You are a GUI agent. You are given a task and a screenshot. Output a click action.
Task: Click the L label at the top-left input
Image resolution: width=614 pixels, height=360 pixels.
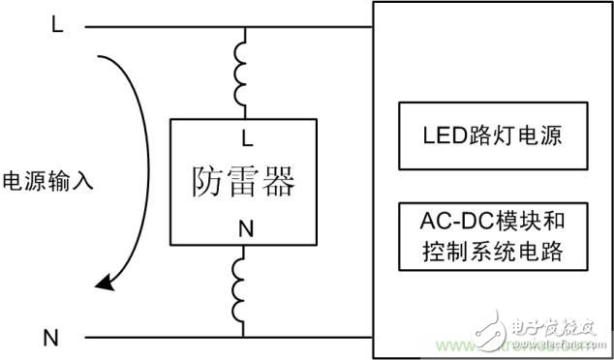click(x=56, y=25)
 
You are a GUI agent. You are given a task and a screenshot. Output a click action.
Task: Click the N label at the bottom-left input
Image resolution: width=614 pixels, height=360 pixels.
click(x=50, y=338)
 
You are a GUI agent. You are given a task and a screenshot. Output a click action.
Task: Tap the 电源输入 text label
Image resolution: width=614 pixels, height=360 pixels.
click(x=48, y=181)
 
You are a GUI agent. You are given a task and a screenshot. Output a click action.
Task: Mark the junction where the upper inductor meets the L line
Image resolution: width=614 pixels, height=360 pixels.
click(x=244, y=27)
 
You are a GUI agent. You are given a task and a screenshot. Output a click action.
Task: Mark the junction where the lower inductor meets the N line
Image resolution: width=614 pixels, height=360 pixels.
click(x=244, y=338)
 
